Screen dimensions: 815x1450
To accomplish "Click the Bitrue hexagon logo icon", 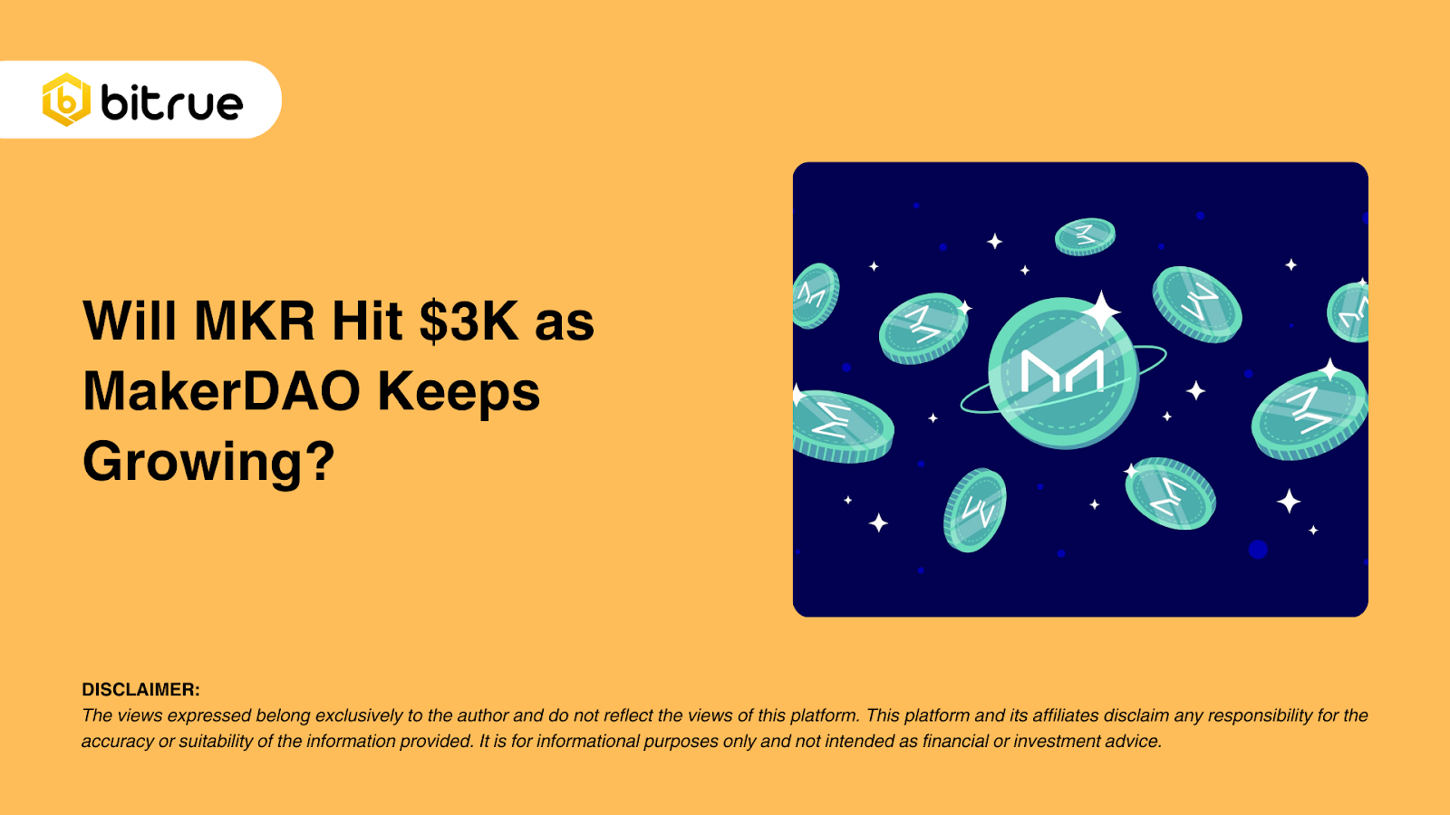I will click(x=66, y=100).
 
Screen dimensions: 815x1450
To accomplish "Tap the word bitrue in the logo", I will click(x=172, y=102).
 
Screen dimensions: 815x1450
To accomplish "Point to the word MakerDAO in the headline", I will click(x=222, y=391).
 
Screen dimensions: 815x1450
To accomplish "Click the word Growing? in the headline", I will click(x=208, y=462).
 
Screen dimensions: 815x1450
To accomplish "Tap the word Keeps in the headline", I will click(x=459, y=391).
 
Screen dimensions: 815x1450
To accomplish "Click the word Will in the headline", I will click(x=130, y=321).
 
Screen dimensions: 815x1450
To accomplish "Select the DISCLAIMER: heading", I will click(x=140, y=689).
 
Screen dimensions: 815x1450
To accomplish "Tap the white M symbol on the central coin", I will click(x=1062, y=370).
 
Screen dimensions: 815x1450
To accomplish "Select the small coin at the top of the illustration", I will click(x=1085, y=236).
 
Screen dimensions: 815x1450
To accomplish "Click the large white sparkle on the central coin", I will click(x=1102, y=312).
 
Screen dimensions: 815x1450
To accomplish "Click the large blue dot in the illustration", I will click(x=1258, y=549).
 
